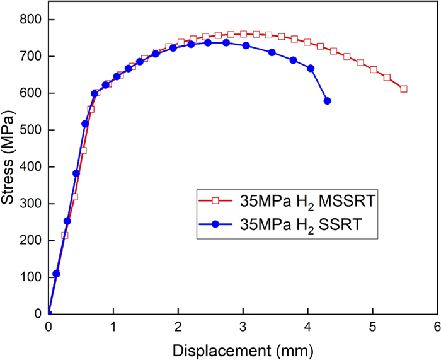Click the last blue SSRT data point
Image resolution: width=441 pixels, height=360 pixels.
point(327,101)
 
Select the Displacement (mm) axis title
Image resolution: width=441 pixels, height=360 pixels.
point(243,349)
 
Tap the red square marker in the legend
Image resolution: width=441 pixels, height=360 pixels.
point(215,201)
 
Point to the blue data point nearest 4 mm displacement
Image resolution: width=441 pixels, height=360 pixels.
point(311,68)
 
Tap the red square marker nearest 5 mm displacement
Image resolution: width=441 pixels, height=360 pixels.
point(374,70)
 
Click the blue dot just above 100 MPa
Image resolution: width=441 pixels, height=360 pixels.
point(56,274)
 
